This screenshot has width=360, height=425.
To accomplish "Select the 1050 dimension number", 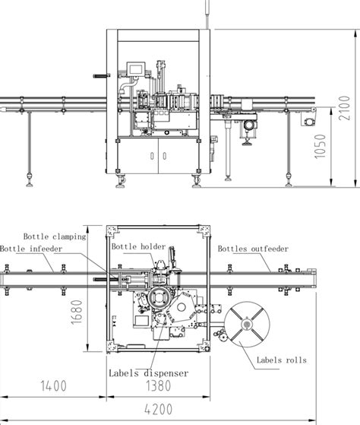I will (x=321, y=148).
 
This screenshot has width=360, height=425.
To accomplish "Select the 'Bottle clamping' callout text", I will (x=54, y=236).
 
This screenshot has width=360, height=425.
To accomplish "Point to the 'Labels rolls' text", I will (x=281, y=360).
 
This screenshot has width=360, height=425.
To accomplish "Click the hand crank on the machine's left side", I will (x=99, y=76).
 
